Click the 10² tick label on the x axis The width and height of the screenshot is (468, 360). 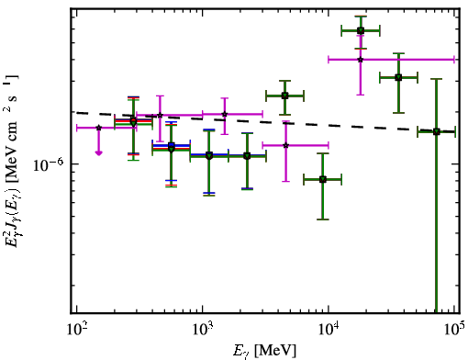tap(77, 330)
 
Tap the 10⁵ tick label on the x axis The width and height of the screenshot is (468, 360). tap(455, 330)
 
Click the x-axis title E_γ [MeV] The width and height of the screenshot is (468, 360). tap(264, 351)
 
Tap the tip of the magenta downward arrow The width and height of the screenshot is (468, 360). tap(98, 155)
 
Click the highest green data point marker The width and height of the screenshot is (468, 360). tap(361, 30)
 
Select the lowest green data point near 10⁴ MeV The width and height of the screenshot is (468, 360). tap(323, 179)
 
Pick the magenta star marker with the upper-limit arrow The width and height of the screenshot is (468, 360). tap(98, 128)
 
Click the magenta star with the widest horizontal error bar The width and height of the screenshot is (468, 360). tap(361, 60)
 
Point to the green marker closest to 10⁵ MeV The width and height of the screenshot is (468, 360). tap(437, 132)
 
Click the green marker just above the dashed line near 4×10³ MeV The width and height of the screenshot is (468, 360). tap(285, 96)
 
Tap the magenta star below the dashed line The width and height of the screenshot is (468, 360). tap(285, 145)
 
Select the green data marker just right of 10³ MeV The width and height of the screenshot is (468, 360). tap(209, 156)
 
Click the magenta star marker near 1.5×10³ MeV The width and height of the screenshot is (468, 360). tap(225, 114)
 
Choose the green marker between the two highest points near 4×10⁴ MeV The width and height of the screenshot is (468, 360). tap(398, 77)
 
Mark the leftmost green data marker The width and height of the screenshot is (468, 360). tap(133, 121)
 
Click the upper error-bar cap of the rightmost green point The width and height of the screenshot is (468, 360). tap(437, 79)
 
